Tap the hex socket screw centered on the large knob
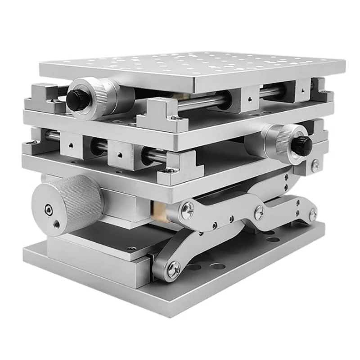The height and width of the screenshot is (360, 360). (x=48, y=208)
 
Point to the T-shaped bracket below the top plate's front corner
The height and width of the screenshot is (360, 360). (x=162, y=114)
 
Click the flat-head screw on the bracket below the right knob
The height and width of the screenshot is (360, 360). (x=316, y=165)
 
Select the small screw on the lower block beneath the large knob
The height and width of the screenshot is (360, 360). (x=131, y=248)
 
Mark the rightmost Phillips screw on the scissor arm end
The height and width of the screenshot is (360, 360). (x=312, y=214)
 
